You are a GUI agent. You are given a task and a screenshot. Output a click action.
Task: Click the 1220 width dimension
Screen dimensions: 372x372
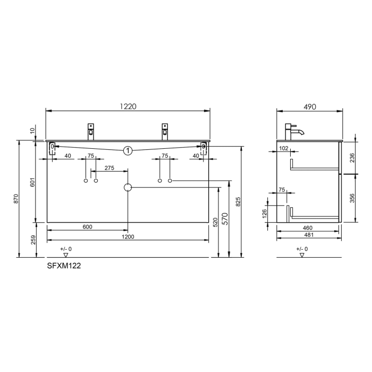(x=128, y=106)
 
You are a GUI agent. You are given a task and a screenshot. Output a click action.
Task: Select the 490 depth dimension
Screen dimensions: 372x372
(x=309, y=106)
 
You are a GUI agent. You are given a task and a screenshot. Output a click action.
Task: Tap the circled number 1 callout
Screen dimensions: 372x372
(x=128, y=151)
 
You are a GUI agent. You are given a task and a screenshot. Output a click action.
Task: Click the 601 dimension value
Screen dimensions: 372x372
(x=33, y=182)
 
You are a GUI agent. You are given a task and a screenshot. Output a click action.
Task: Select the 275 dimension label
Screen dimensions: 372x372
(x=109, y=168)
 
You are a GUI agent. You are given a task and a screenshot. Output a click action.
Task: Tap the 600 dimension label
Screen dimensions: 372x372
(x=87, y=227)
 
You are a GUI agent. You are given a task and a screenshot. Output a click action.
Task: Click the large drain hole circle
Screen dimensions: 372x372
(x=128, y=188)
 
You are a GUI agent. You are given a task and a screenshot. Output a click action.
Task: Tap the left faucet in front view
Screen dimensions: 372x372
(x=91, y=131)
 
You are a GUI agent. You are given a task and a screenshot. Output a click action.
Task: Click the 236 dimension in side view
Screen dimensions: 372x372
(x=352, y=157)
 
